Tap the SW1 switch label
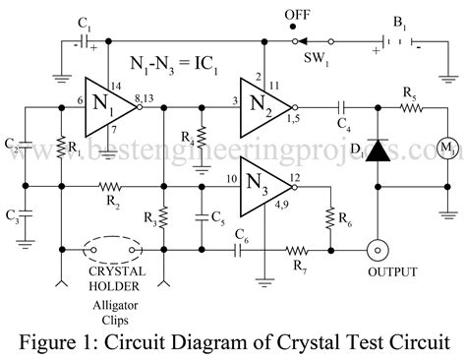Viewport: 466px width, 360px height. [314, 57]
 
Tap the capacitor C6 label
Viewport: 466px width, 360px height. [242, 232]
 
